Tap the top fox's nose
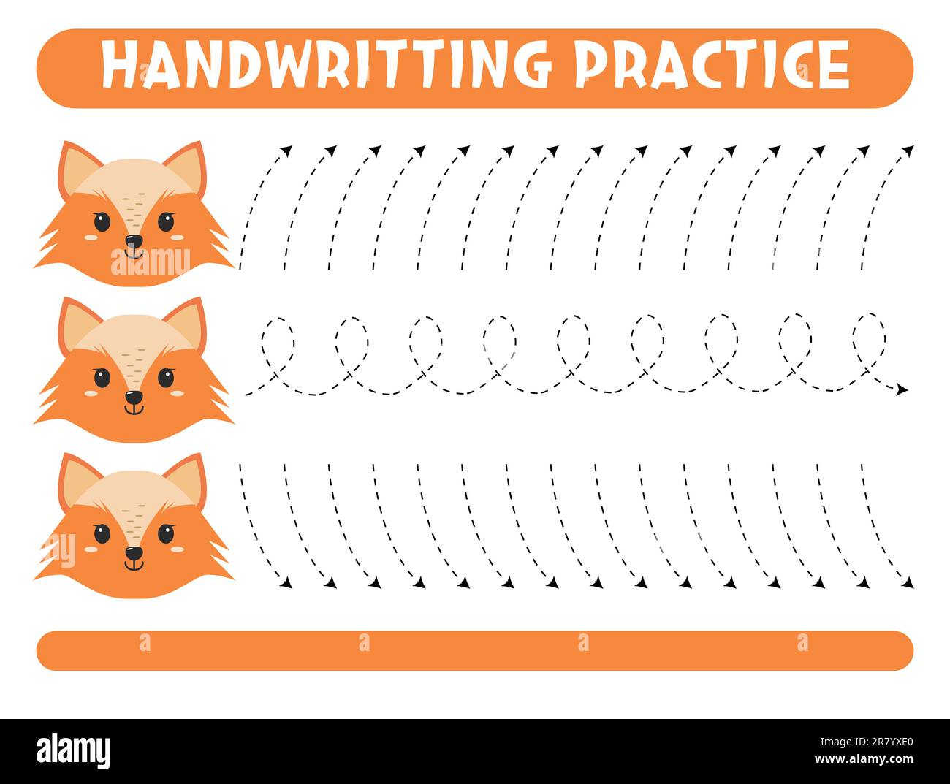click(133, 241)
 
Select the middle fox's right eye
click(167, 378)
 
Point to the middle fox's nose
click(133, 397)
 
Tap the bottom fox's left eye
click(102, 533)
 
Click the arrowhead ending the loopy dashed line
click(902, 389)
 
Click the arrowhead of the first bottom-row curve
click(287, 583)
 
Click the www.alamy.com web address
click(862, 761)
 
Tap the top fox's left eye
click(102, 221)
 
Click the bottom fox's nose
click(133, 554)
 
